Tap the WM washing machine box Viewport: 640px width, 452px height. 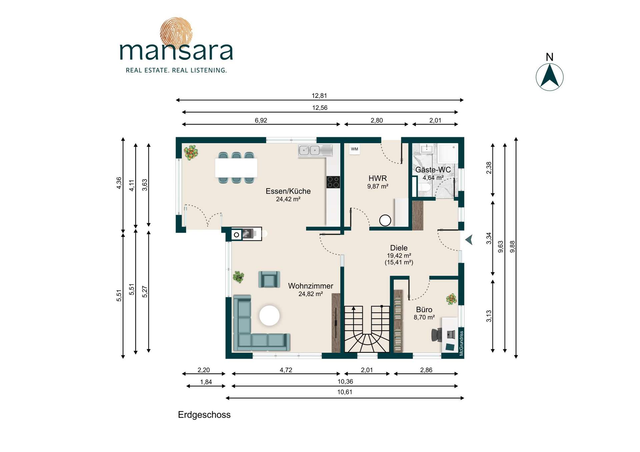click(354, 149)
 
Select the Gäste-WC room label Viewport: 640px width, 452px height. click(433, 170)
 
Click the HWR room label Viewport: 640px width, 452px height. click(378, 178)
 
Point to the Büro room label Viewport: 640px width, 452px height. click(424, 309)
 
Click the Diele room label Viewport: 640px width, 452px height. click(399, 248)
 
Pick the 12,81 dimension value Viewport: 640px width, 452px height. click(319, 96)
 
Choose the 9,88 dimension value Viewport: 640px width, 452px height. click(513, 246)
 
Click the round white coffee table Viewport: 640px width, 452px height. click(269, 315)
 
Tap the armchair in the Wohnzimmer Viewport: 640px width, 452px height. click(269, 279)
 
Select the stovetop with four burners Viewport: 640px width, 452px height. click(333, 182)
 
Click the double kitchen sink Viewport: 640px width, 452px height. click(315, 151)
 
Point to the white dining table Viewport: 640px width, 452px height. click(236, 168)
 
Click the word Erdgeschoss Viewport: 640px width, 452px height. click(204, 415)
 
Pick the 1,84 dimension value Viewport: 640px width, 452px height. click(206, 382)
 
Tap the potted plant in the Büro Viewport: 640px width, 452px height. click(451, 299)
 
